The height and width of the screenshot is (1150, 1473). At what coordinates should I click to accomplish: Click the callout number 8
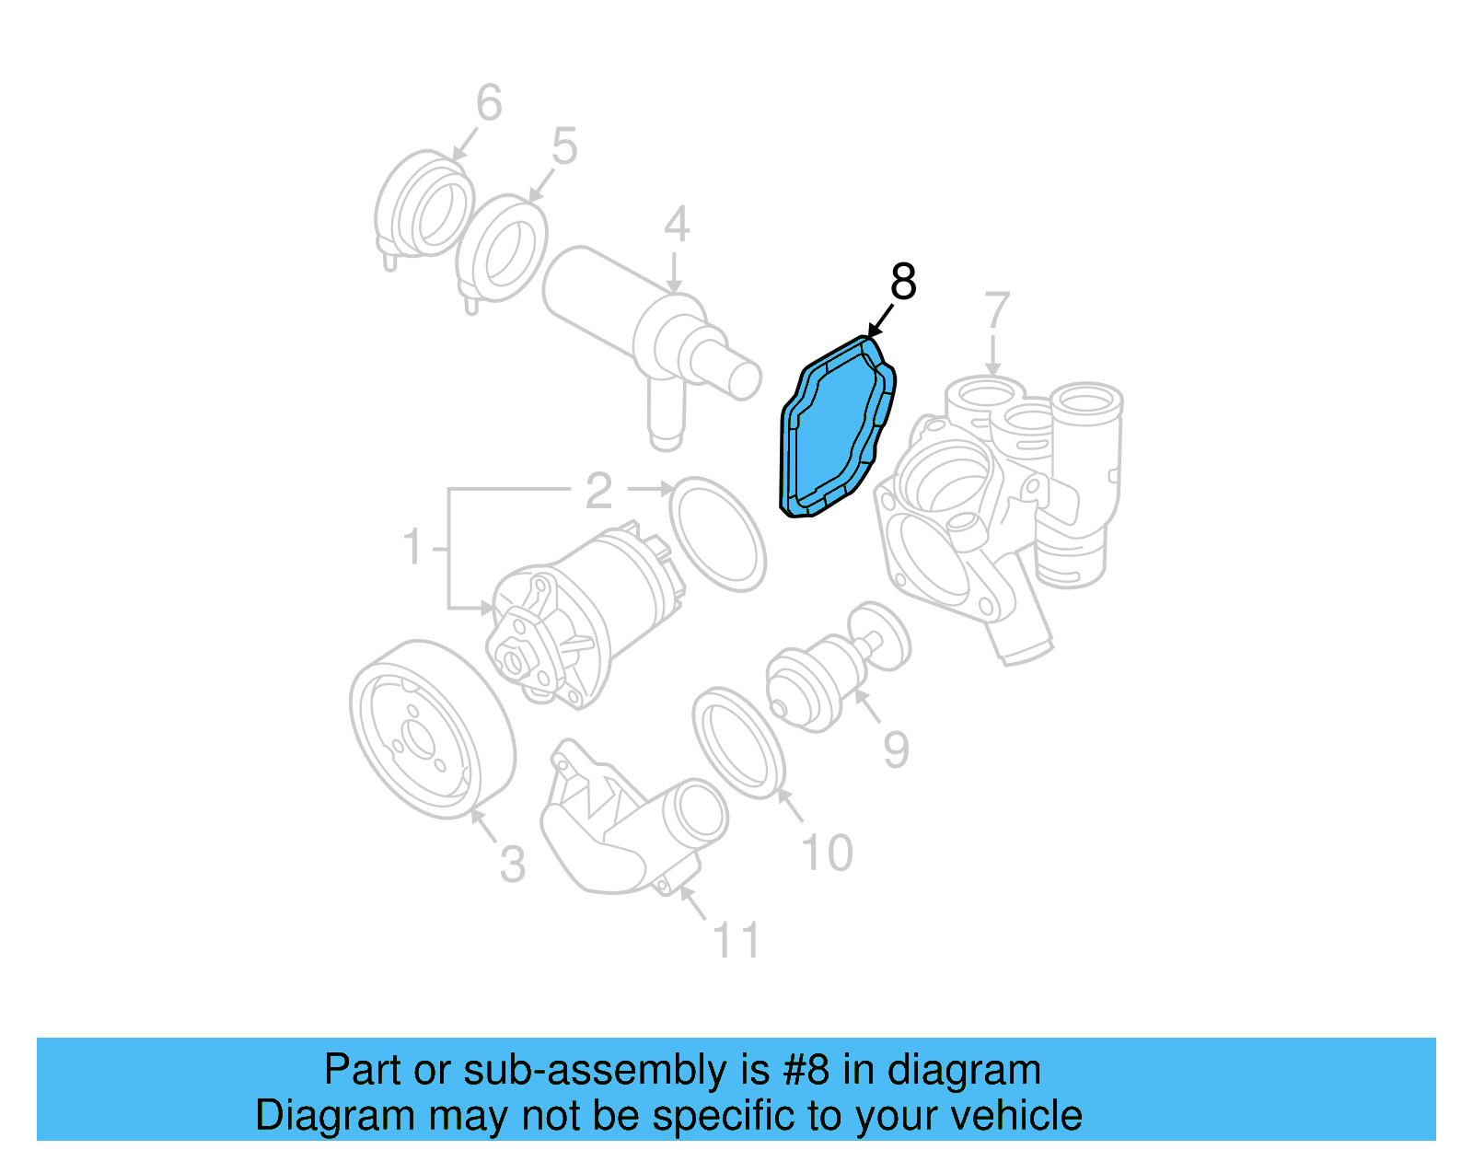903,282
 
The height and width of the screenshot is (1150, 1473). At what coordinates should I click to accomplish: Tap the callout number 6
489,102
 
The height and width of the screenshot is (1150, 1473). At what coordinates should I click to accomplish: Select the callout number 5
564,146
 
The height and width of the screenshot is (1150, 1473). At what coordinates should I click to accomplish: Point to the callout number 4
677,225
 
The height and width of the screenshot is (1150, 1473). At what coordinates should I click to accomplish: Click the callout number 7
997,310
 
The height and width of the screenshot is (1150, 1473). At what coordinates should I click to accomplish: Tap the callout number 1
413,547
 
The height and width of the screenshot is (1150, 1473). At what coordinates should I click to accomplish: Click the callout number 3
513,865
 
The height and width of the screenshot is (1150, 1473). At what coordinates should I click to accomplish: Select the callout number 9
896,749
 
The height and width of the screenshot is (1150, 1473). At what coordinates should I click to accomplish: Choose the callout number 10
827,853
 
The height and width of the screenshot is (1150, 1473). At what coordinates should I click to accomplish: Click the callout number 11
736,940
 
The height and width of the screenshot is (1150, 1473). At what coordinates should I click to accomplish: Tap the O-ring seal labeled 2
717,533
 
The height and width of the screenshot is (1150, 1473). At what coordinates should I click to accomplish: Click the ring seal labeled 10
738,742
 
